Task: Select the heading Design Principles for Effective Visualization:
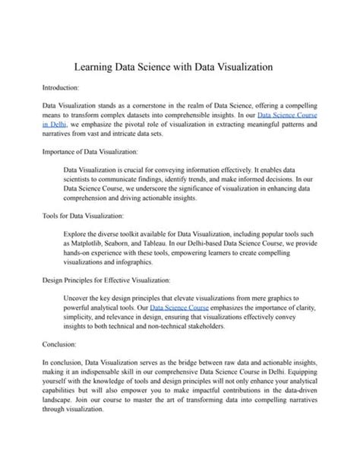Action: click(x=106, y=280)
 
